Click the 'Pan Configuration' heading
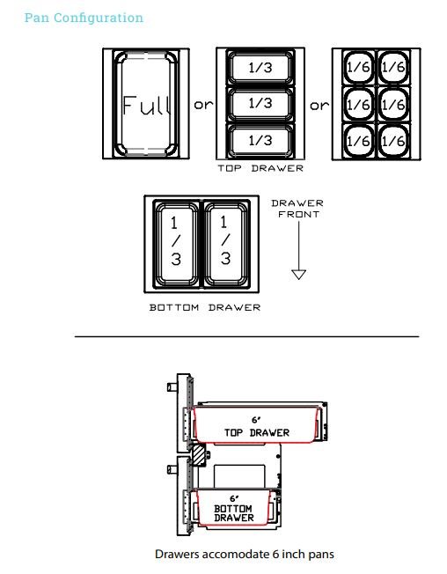(x=84, y=18)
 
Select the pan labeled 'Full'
(x=146, y=104)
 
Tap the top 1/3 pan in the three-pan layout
(x=260, y=68)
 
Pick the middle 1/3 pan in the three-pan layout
(x=260, y=104)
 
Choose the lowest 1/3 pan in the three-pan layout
(x=260, y=140)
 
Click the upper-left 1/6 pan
(x=358, y=67)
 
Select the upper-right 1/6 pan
(x=393, y=67)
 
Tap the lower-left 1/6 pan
(x=358, y=141)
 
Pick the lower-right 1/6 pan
(x=393, y=141)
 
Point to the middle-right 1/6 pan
(x=393, y=105)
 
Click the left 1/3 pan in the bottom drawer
(x=176, y=244)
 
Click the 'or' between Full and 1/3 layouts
(x=203, y=105)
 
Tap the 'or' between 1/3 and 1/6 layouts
(x=319, y=106)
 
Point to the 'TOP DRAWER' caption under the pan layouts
(x=260, y=168)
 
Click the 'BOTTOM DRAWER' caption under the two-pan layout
(x=205, y=307)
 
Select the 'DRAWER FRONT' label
(x=297, y=209)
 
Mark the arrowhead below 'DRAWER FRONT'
(x=299, y=275)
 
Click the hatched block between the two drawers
(x=199, y=455)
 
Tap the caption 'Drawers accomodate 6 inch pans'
(x=245, y=554)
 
